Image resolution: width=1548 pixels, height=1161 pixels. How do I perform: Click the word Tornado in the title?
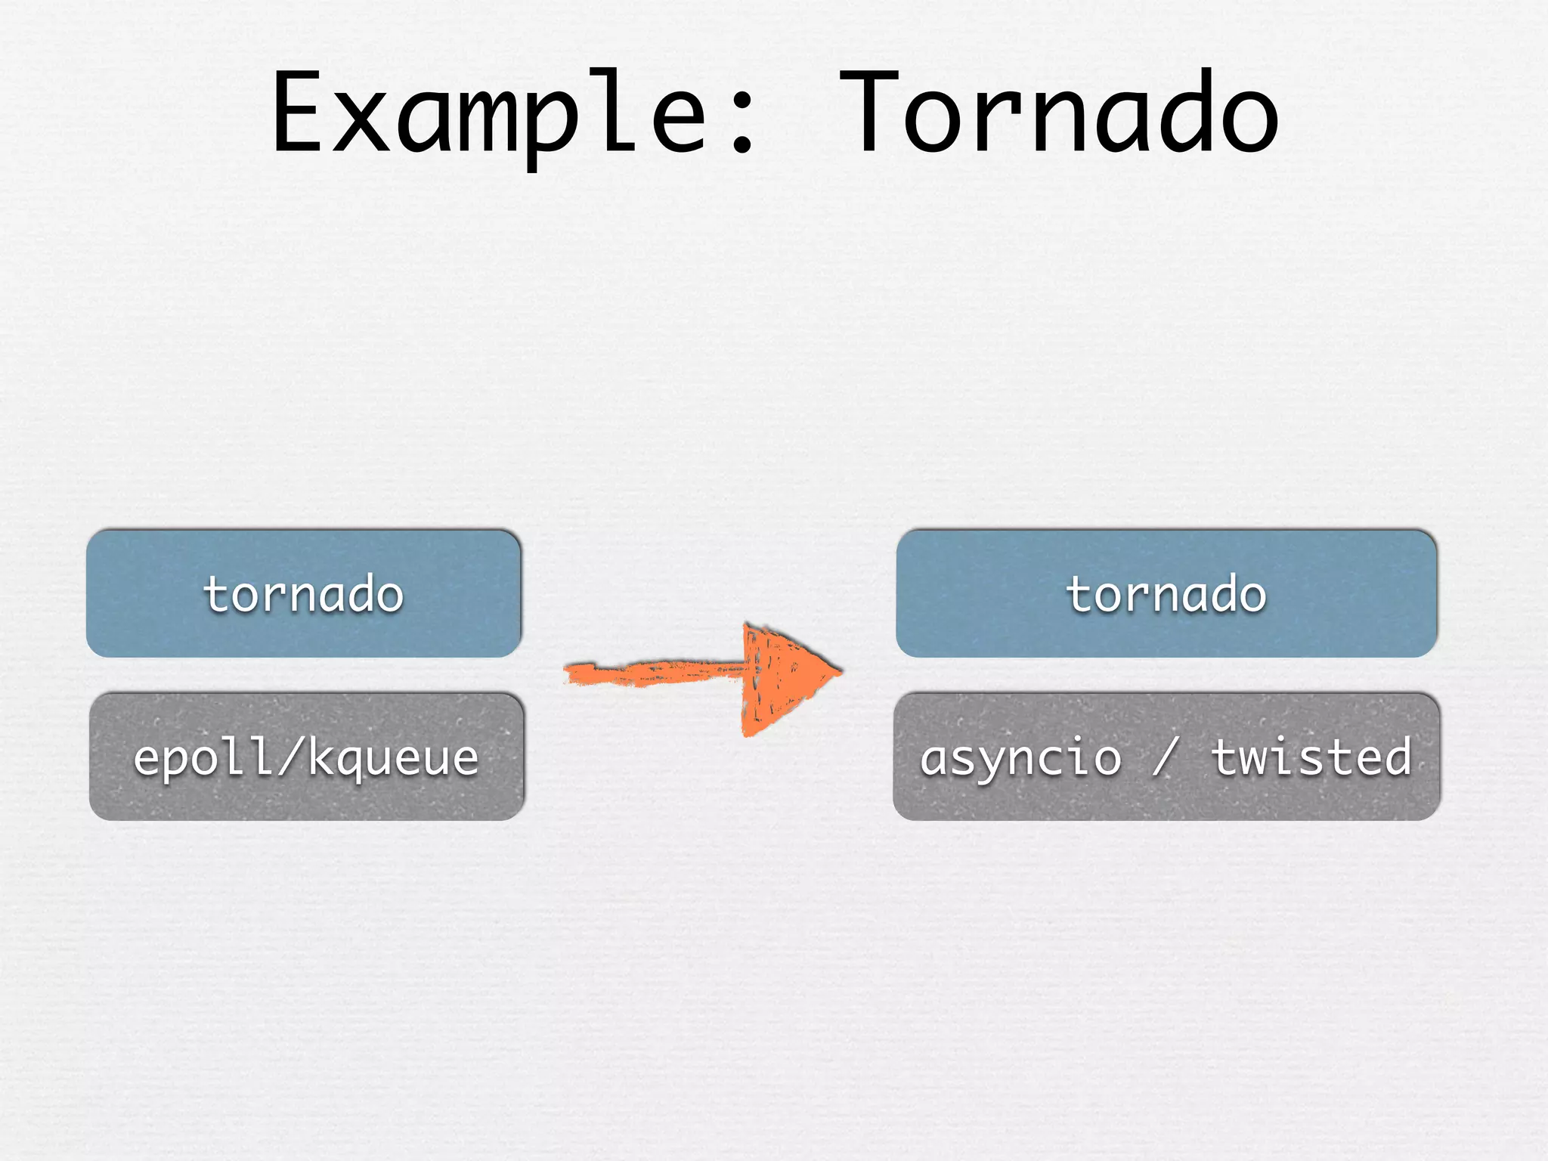[x=1058, y=113]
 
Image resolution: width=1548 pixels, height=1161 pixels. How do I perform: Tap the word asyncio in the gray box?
[x=1020, y=757]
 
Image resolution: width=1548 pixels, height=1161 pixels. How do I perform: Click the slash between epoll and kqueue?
[x=291, y=756]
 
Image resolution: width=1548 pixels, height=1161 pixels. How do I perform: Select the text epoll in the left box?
[x=203, y=758]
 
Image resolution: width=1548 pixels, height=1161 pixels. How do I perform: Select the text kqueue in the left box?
[x=393, y=758]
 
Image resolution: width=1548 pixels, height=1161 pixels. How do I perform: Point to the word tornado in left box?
[x=304, y=594]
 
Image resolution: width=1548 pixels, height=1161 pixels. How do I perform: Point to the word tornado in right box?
[x=1166, y=594]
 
